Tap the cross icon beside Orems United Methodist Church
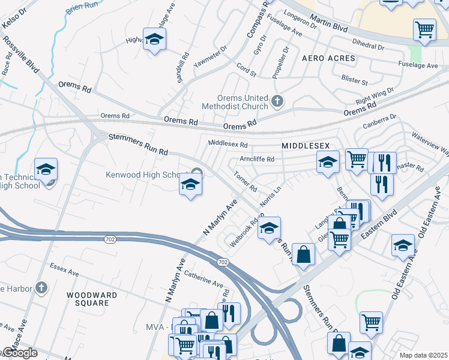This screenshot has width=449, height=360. click(x=277, y=101)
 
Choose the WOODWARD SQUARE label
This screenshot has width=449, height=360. click(x=88, y=299)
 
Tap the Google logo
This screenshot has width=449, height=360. click(x=19, y=353)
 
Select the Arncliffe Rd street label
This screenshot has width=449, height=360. click(x=257, y=160)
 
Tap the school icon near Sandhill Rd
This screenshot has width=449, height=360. click(x=155, y=40)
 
